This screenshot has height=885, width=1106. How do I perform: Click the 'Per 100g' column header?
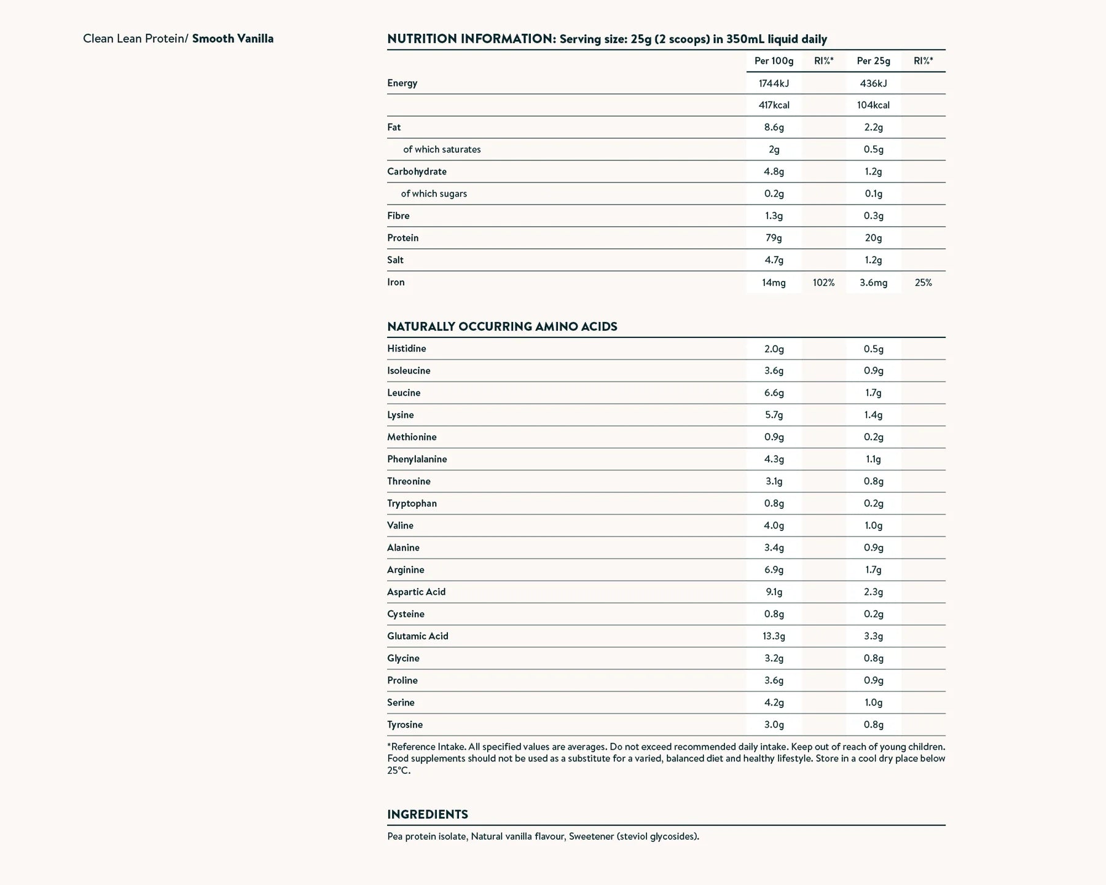pos(774,61)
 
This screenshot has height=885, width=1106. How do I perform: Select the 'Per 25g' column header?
pos(873,61)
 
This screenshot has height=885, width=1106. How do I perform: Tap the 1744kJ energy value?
pos(774,83)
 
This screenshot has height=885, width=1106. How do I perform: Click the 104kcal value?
pos(873,105)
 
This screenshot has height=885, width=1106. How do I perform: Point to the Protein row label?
pos(402,238)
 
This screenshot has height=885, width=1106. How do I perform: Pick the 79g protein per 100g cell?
pos(774,238)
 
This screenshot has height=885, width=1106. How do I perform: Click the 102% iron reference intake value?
pos(823,283)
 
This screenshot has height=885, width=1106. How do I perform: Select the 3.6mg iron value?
pos(873,283)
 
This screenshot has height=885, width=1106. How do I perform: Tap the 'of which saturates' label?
pos(442,149)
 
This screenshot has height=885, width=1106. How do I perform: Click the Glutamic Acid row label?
pos(418,636)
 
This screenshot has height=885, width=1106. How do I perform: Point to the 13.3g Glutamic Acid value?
pos(774,636)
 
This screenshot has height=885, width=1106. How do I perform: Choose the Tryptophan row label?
pos(412,503)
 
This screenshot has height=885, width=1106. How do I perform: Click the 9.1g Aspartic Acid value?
pos(774,592)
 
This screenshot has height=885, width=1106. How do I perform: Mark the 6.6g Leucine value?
pos(774,393)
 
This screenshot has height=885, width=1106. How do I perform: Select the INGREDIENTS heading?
pos(428,814)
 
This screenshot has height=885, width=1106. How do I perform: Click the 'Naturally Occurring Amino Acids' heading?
pos(502,326)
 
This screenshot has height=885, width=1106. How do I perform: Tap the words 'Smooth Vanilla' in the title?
pos(233,39)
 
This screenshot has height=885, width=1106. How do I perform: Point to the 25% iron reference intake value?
pos(923,283)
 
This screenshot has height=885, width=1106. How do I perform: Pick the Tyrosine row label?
pos(405,725)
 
